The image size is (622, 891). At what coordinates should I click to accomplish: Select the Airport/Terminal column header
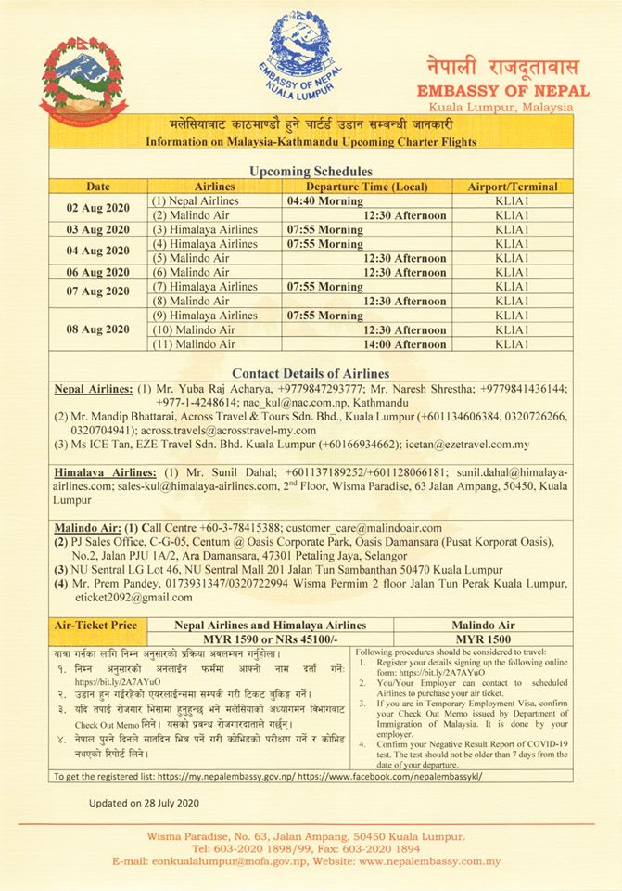512,187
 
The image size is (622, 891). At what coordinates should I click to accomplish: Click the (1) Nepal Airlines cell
196,200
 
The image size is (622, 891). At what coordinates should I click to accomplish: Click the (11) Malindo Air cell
194,343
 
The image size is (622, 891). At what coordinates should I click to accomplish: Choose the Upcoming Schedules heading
311,172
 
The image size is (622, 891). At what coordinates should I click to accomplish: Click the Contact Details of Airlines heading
311,372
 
